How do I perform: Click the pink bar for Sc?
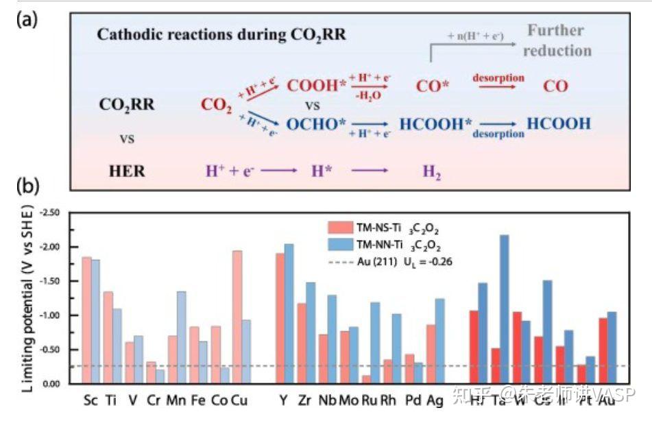[x=86, y=320]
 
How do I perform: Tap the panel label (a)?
[x=28, y=19]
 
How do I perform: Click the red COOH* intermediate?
[x=317, y=86]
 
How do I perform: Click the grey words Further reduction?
[x=559, y=40]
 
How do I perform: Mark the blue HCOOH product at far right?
[x=559, y=123]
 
